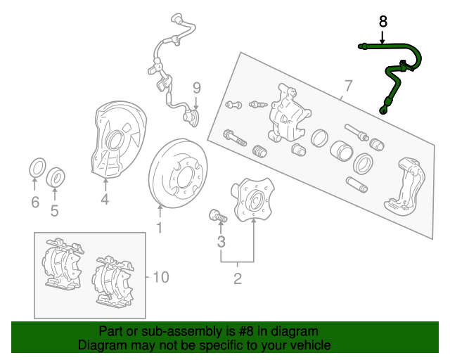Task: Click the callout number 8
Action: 382,22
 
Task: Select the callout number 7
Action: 348,86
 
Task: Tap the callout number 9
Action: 197,88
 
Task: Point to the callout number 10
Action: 161,277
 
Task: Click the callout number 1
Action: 160,228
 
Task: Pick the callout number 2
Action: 238,278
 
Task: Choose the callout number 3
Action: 221,242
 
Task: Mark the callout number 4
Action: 105,199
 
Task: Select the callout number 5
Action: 55,211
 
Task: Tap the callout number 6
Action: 35,202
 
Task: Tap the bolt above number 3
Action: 217,216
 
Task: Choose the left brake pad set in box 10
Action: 63,264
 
